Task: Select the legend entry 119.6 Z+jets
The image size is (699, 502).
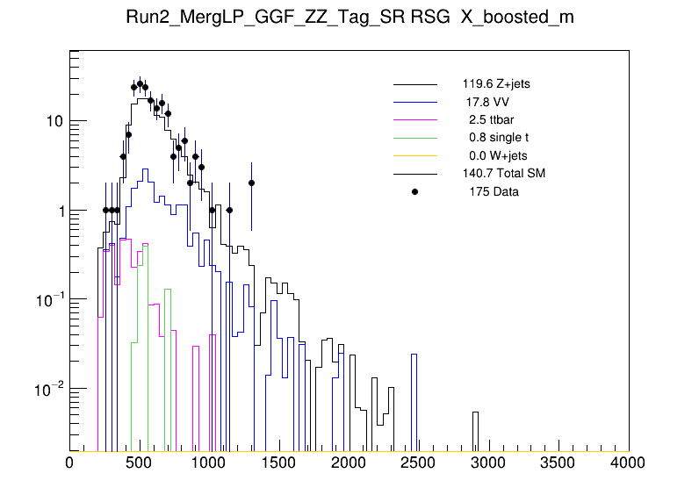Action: pyautogui.click(x=496, y=85)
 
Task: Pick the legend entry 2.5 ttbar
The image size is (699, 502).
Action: pyautogui.click(x=488, y=120)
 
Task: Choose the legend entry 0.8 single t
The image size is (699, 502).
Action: pyautogui.click(x=499, y=138)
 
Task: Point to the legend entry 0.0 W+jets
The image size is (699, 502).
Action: pyautogui.click(x=498, y=155)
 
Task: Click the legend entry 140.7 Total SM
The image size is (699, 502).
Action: pyautogui.click(x=504, y=174)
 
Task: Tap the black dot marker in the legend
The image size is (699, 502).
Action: pyautogui.click(x=414, y=191)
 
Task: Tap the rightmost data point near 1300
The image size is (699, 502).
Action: pyautogui.click(x=251, y=183)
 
